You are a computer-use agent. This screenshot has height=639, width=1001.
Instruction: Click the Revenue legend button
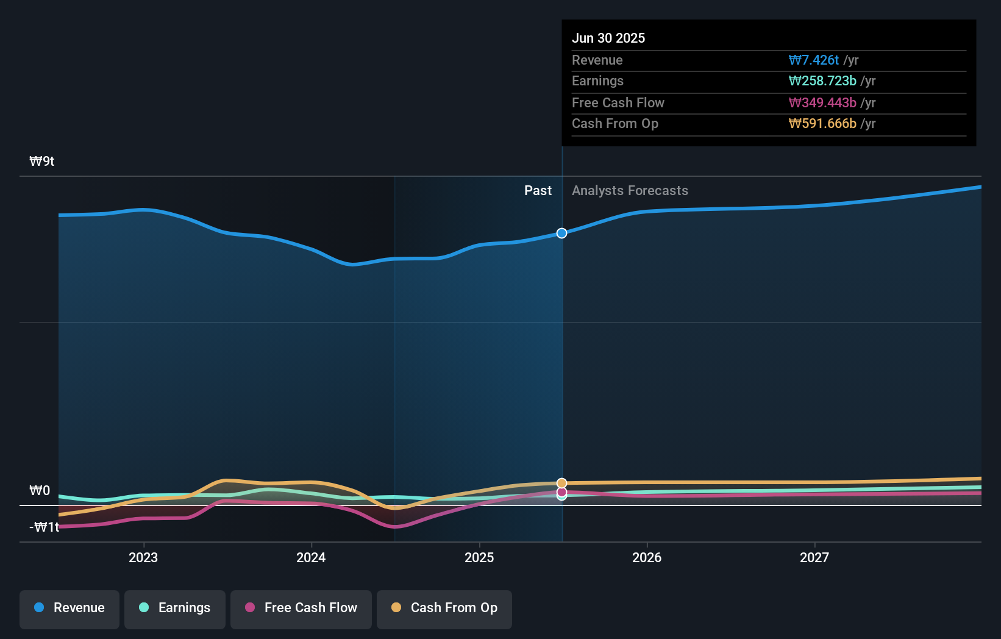coord(69,609)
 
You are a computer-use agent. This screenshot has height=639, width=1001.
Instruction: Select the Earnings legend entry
coord(174,609)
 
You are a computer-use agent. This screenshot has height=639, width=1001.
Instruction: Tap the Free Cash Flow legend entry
coord(301,609)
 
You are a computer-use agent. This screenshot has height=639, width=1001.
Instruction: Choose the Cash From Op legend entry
coord(444,609)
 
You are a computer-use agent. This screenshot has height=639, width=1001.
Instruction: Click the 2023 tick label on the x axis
coord(143,558)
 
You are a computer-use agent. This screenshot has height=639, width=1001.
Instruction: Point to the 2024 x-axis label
coord(311,558)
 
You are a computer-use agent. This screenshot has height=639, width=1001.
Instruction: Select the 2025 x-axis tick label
coord(479,558)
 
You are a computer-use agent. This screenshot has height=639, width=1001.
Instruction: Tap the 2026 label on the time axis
coord(647,558)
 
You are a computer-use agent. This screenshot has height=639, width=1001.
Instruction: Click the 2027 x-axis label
coord(814,558)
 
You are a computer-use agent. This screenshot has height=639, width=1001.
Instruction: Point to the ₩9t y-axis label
coord(42,162)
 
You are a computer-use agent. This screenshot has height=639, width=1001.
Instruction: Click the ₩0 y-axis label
coord(40,491)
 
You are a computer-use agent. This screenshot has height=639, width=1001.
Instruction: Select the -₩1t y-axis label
coord(45,527)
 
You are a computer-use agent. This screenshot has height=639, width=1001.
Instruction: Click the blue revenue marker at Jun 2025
coord(561,234)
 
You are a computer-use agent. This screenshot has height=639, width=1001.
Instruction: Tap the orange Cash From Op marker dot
coord(561,483)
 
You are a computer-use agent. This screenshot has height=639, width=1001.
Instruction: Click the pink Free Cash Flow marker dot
coord(561,492)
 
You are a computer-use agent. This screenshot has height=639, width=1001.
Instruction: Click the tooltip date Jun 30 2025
coord(608,38)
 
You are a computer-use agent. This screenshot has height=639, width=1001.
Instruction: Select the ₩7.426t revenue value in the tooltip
coord(813,60)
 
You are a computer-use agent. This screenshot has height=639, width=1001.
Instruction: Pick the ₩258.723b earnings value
coord(822,81)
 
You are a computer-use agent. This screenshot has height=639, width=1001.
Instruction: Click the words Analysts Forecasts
coord(630,191)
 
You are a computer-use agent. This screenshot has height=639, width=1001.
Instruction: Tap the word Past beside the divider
coord(538,191)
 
